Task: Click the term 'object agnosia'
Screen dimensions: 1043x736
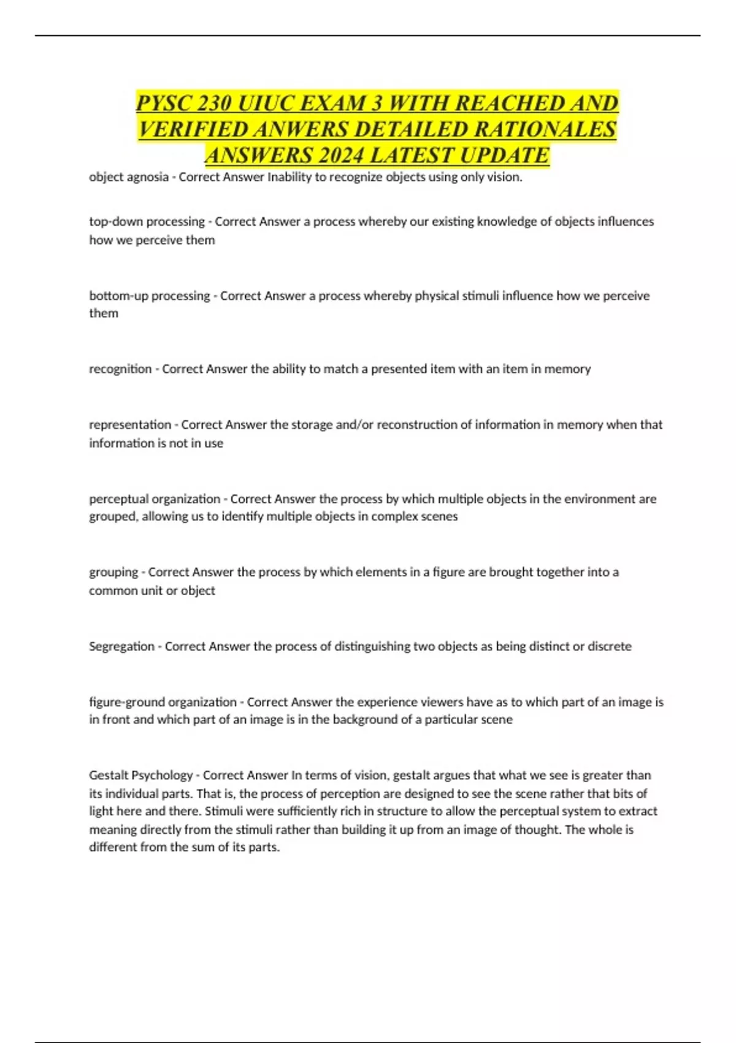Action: pyautogui.click(x=128, y=177)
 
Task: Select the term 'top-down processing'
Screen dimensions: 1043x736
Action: pyautogui.click(x=147, y=221)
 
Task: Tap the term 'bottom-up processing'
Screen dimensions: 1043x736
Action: pyautogui.click(x=150, y=296)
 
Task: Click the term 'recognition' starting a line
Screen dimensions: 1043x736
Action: pyautogui.click(x=120, y=369)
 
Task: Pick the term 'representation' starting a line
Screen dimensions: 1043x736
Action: pyautogui.click(x=130, y=425)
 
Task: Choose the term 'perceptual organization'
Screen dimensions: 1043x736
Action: pyautogui.click(x=155, y=499)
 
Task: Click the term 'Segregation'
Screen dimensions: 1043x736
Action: pyautogui.click(x=121, y=646)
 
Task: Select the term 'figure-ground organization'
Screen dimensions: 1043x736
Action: pyautogui.click(x=163, y=702)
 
